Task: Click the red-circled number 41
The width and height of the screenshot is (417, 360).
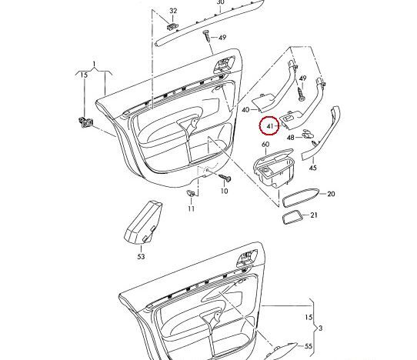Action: tap(270, 125)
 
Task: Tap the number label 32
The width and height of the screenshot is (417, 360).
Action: tap(173, 11)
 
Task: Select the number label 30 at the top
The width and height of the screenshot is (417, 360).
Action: tap(220, 3)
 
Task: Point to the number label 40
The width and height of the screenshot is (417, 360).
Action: tap(245, 110)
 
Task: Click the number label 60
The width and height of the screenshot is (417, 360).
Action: tap(265, 144)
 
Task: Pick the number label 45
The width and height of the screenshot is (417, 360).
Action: tap(312, 167)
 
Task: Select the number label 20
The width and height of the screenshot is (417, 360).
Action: tap(332, 195)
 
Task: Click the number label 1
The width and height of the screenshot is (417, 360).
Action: tap(95, 62)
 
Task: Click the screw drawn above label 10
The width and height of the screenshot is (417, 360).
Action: tap(226, 178)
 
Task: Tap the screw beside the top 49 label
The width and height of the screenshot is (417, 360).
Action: tap(207, 36)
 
